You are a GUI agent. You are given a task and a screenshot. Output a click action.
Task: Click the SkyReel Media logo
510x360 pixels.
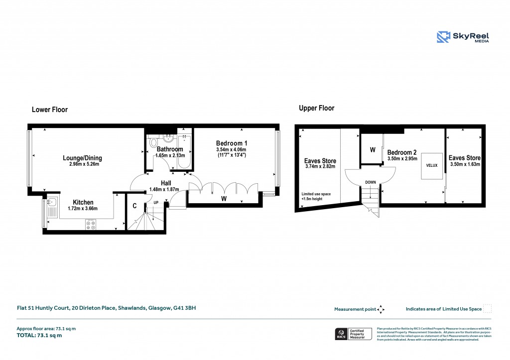pyautogui.click(x=463, y=37)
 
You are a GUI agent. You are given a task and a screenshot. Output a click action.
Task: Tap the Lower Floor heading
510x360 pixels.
pyautogui.click(x=49, y=110)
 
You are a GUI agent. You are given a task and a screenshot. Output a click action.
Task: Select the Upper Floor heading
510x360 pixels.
pyautogui.click(x=316, y=108)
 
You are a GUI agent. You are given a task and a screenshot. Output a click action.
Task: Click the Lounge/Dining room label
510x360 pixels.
pyautogui.click(x=82, y=158)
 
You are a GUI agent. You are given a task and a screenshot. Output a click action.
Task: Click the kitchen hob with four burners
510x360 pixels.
pyautogui.click(x=91, y=225)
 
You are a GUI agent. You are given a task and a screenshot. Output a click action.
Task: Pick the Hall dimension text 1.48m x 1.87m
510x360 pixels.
pyautogui.click(x=164, y=189)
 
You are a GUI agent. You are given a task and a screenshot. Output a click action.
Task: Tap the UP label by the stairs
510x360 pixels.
pyautogui.click(x=156, y=203)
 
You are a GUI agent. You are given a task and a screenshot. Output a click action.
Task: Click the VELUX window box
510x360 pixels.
pyautogui.click(x=431, y=166)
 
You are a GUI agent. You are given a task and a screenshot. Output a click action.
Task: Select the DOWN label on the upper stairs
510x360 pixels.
pyautogui.click(x=370, y=182)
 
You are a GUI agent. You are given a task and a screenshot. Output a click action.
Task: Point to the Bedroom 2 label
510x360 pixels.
pyautogui.click(x=402, y=152)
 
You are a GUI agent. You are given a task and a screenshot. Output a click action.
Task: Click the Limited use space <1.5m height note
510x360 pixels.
pyautogui.click(x=316, y=197)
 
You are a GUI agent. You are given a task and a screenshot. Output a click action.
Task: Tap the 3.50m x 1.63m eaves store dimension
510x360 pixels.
pyautogui.click(x=465, y=164)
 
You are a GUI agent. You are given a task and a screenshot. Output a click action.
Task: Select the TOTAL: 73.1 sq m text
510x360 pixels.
pyautogui.click(x=39, y=335)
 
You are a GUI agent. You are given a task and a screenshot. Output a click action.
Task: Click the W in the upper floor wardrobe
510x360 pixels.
pyautogui.click(x=372, y=149)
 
